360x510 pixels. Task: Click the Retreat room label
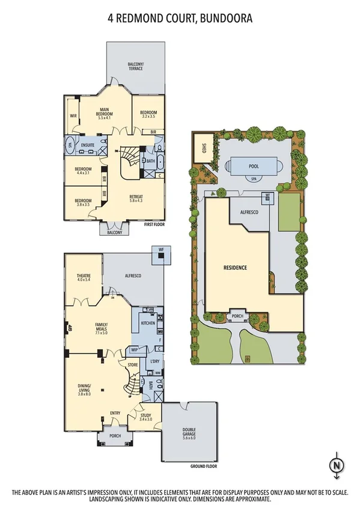click(x=136, y=199)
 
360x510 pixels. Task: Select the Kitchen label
click(x=148, y=323)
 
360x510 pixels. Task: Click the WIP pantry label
click(x=135, y=349)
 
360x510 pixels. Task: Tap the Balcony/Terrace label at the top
click(x=135, y=66)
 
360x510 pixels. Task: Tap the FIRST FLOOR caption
click(x=154, y=224)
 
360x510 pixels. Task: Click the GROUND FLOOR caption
click(x=203, y=466)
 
